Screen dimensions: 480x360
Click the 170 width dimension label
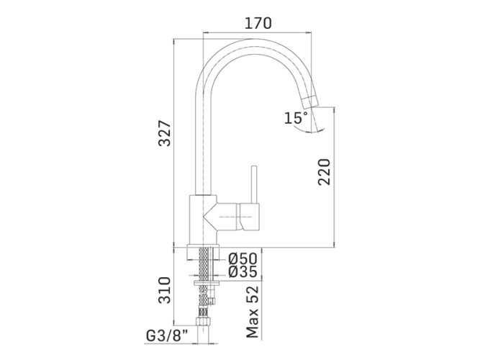click(258, 23)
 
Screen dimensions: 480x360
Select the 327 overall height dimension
click(164, 133)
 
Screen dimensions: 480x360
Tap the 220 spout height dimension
click(324, 171)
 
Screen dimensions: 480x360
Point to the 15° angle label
click(296, 118)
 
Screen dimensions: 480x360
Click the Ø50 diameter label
click(243, 259)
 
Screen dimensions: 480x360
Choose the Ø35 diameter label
click(243, 271)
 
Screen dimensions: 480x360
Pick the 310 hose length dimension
click(164, 290)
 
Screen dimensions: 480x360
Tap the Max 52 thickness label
click(253, 312)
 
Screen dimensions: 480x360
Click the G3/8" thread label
click(167, 336)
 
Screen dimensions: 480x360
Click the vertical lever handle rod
click(254, 184)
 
